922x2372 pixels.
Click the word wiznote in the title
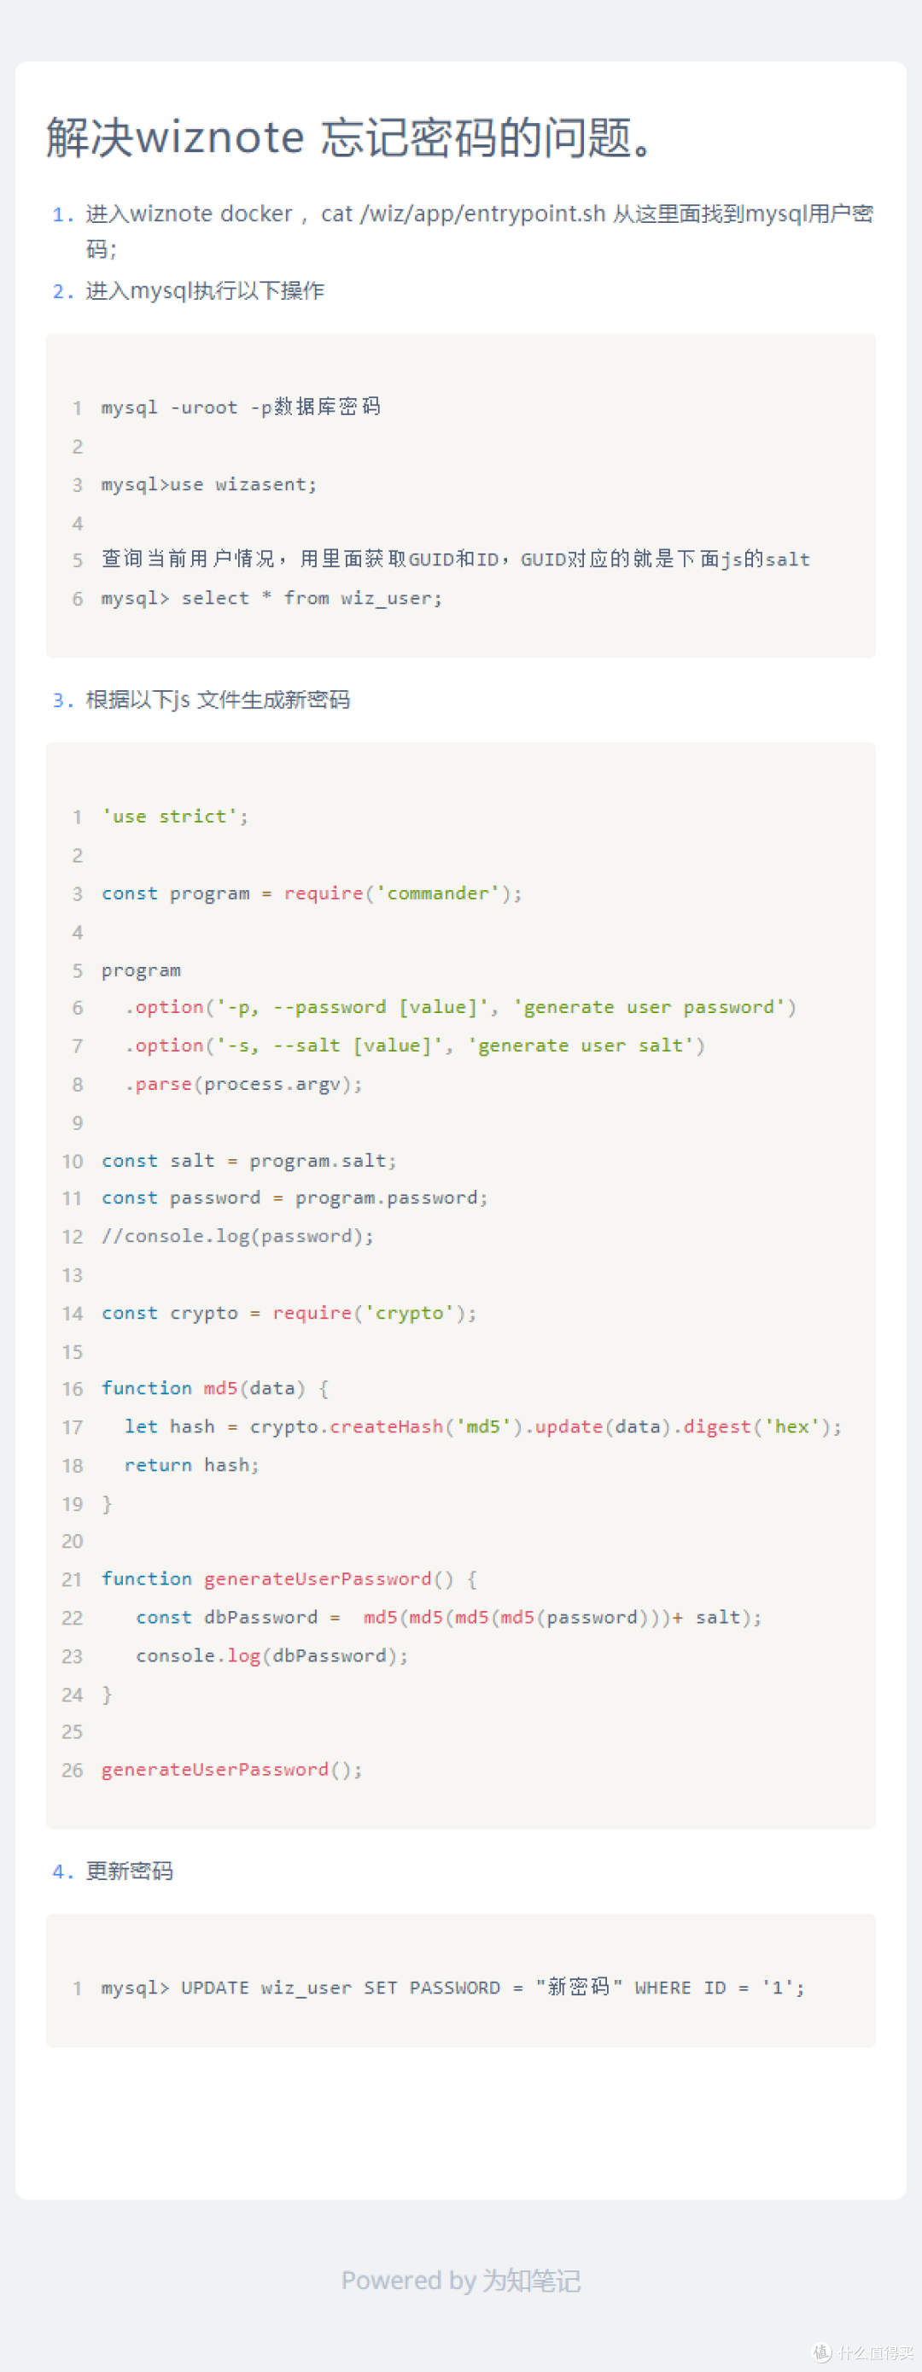point(220,138)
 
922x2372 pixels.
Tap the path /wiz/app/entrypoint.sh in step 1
point(482,214)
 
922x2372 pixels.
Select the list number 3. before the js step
point(63,700)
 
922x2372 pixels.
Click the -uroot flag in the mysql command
point(204,407)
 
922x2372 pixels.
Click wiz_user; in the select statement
point(391,599)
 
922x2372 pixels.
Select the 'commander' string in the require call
point(438,893)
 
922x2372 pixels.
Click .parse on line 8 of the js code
point(158,1084)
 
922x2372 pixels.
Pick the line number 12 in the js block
point(73,1237)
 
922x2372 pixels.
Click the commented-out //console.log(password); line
point(237,1236)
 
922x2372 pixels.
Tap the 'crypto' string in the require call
point(410,1313)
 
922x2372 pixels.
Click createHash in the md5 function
point(387,1426)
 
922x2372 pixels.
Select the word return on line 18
point(158,1465)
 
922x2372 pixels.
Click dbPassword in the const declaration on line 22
point(260,1617)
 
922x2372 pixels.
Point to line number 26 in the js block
point(73,1770)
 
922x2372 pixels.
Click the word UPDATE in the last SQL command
point(215,1988)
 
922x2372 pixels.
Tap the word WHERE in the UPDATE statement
point(662,1988)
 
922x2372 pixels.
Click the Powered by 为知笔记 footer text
point(461,2280)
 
